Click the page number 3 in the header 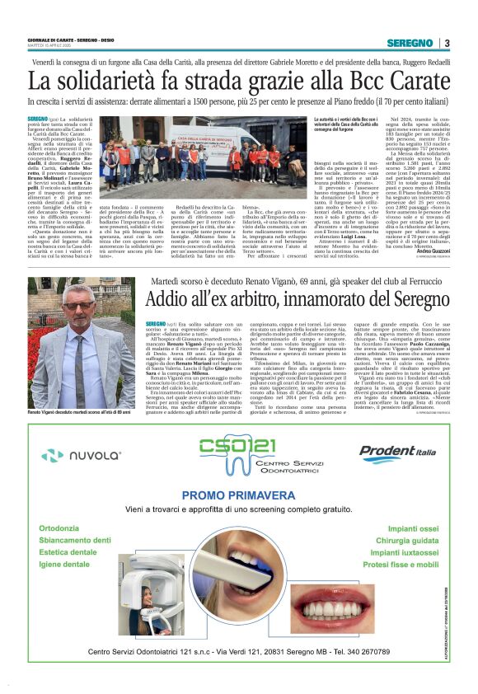[447, 43]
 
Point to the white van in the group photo [214, 135]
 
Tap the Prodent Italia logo [398, 453]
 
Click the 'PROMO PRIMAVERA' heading [239, 495]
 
